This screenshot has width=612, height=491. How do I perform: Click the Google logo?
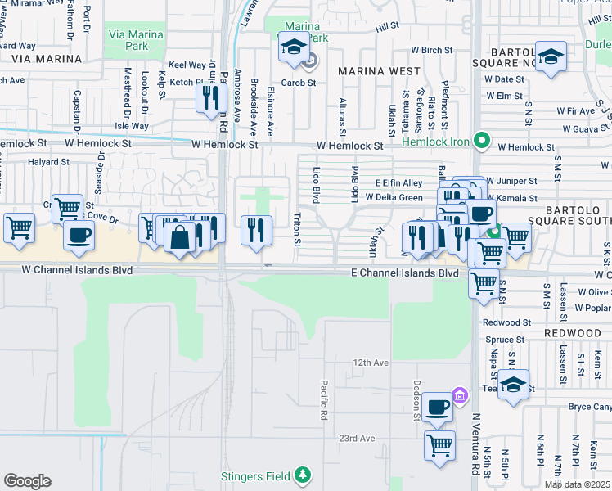coord(27,481)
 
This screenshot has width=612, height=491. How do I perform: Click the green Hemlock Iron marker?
coord(482,142)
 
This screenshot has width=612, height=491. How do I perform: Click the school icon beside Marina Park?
coord(293,47)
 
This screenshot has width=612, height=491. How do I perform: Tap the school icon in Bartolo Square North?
coord(552,56)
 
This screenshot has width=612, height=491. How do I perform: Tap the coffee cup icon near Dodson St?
coord(439,408)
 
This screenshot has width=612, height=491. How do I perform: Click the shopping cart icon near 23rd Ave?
coord(439,446)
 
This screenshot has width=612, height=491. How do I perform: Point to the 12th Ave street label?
coord(371,363)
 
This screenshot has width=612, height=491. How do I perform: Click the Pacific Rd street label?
coord(324,400)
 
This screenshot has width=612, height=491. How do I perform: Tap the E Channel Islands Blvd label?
coord(404,273)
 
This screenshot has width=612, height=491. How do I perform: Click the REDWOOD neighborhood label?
coord(573,333)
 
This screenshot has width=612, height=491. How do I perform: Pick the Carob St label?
coord(299,83)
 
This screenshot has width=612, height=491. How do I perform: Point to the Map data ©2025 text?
coord(578,484)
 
